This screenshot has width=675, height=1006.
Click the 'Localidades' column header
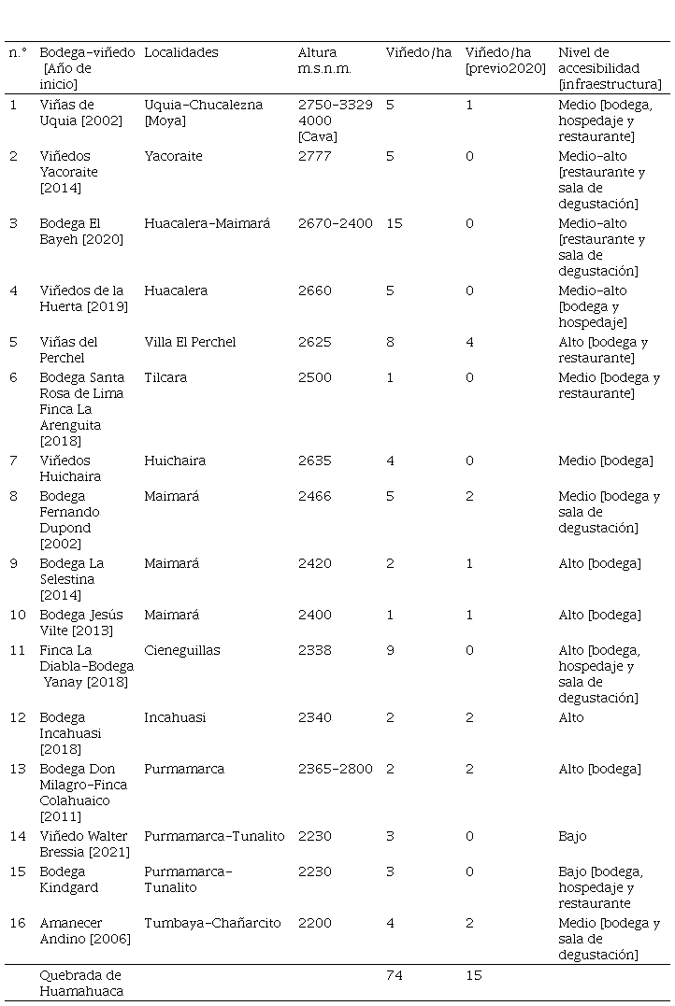tap(180, 53)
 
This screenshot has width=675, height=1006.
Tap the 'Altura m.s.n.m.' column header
tap(318, 61)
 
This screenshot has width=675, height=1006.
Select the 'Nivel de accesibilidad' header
tap(609, 68)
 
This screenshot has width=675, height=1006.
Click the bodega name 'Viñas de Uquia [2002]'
tap(80, 113)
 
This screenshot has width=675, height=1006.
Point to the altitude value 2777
tap(314, 156)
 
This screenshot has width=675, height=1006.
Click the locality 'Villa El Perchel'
tap(190, 342)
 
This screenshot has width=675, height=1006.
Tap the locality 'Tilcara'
tap(165, 377)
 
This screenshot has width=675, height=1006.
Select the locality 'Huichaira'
tap(175, 460)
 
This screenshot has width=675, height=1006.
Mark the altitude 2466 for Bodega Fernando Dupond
tap(314, 496)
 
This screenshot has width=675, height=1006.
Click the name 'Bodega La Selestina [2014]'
tap(71, 579)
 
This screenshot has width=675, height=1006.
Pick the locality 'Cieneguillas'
tap(182, 650)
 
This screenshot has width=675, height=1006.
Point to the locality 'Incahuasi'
tap(175, 717)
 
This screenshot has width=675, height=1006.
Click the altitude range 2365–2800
tap(335, 769)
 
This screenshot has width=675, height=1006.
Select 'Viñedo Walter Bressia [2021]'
tap(84, 843)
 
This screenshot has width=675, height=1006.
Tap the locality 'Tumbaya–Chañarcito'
tap(212, 923)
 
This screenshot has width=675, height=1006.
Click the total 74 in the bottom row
tap(394, 975)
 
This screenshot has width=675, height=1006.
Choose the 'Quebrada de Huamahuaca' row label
tap(80, 983)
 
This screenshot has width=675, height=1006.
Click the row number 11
tap(14, 650)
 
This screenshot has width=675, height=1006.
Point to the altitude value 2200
tap(314, 923)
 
